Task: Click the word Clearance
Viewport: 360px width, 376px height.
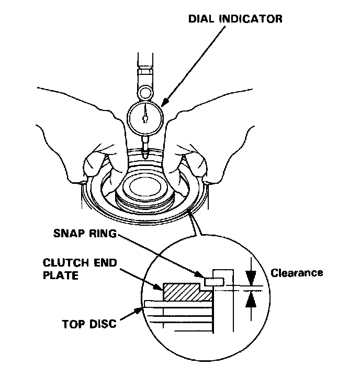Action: [297, 273]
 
